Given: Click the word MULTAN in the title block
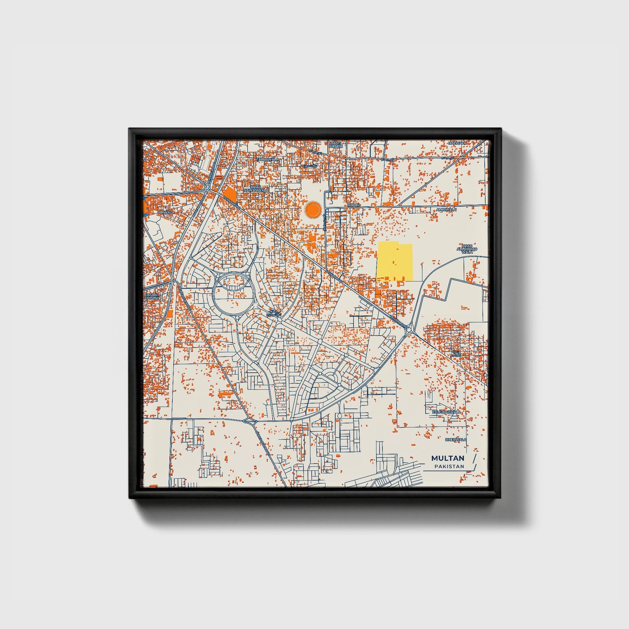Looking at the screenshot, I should click(x=447, y=458).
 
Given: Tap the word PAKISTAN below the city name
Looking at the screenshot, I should click(x=449, y=467).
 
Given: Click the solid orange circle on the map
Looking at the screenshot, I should click(x=313, y=210).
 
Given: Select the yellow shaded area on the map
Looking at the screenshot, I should click(x=395, y=261).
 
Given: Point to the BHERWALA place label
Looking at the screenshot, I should click(x=455, y=440).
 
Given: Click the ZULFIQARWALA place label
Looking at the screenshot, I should click(x=446, y=412).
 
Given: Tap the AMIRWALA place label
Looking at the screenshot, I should click(x=446, y=210).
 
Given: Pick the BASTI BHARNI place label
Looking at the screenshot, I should click(x=336, y=145).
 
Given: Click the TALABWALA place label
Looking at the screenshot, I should click(x=267, y=160).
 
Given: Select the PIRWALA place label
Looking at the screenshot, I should click(x=166, y=212).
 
